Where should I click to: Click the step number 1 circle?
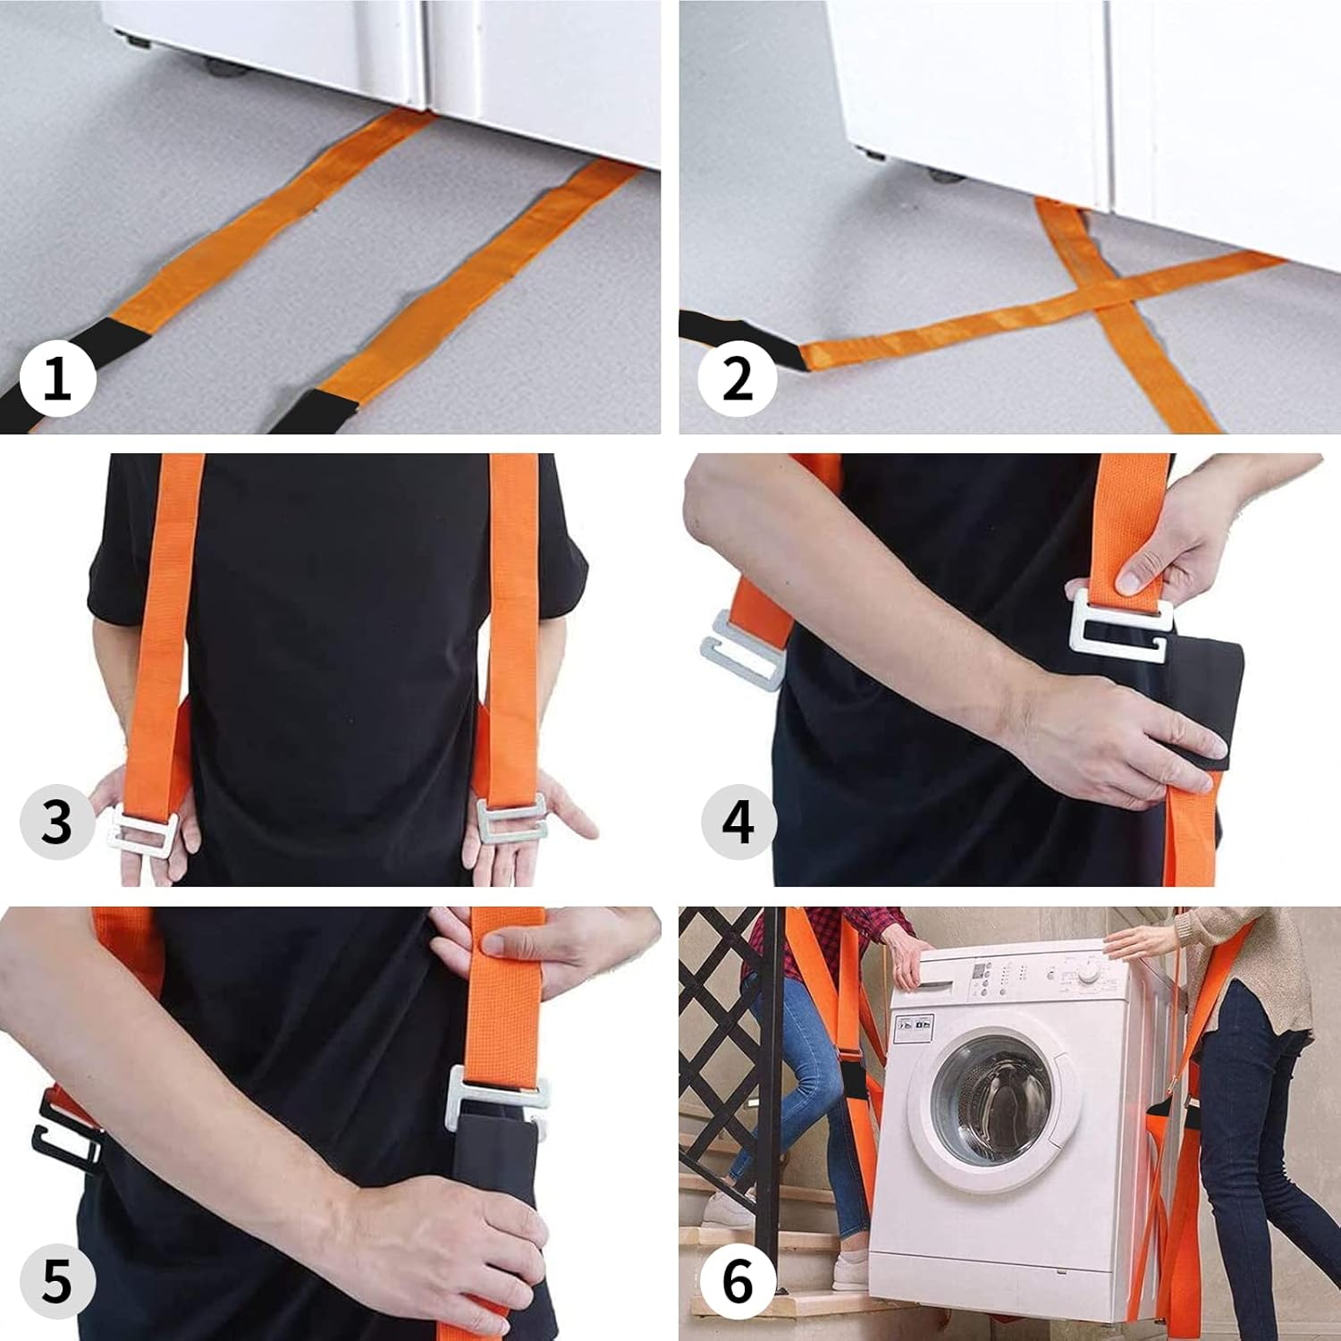(57, 379)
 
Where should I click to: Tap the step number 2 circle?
(737, 379)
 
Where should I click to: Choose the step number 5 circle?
(57, 1282)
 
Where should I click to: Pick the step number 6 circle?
(737, 1282)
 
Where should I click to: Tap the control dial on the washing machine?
(1088, 970)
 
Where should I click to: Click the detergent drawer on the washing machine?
(946, 977)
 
